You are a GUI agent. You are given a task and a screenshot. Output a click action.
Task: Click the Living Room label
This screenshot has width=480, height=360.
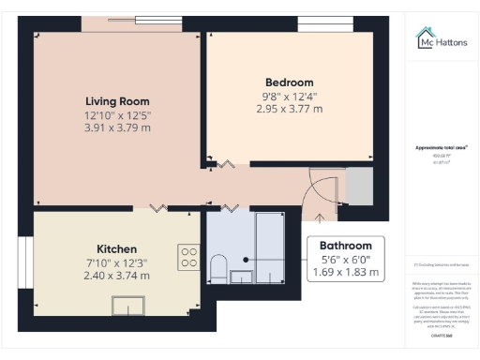pyautogui.click(x=117, y=101)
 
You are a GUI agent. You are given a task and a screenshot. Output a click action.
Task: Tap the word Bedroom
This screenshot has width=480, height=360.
pyautogui.click(x=289, y=82)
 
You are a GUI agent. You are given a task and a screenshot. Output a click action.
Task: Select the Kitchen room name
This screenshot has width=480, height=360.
pyautogui.click(x=117, y=249)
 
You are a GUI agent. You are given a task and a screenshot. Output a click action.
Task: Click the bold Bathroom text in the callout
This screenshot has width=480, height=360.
pyautogui.click(x=347, y=245)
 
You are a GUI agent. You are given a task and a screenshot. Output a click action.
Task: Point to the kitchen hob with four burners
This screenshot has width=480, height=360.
pyautogui.click(x=188, y=256)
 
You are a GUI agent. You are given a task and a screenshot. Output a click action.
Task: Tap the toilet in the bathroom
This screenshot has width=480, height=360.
pyautogui.click(x=217, y=267)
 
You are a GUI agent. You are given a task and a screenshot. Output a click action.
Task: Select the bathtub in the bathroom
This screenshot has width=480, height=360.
pyautogui.click(x=275, y=247)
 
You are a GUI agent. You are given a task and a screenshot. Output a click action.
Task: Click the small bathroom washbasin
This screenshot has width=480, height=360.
pyautogui.click(x=241, y=276)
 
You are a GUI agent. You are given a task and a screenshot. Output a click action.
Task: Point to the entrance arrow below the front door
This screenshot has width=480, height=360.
pyautogui.click(x=322, y=217)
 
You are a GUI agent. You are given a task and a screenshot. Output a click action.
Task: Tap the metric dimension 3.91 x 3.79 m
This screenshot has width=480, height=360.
pyautogui.click(x=117, y=128)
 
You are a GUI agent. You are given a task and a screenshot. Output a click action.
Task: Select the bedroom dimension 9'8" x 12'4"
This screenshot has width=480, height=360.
pyautogui.click(x=289, y=96)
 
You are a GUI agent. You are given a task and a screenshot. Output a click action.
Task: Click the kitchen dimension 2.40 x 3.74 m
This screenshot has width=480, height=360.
pyautogui.click(x=117, y=276)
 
